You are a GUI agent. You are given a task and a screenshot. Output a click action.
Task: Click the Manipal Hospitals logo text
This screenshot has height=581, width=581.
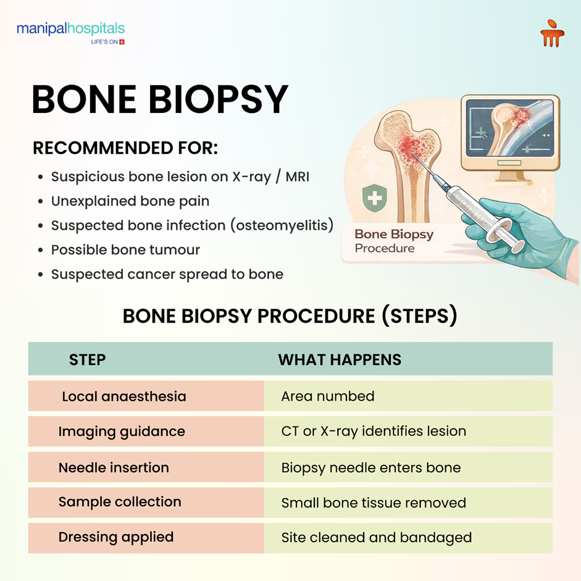click(70, 29)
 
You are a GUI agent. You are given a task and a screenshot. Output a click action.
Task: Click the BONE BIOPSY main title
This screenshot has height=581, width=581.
click(160, 99)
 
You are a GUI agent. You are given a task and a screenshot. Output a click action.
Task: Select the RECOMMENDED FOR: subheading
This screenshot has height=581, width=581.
click(125, 149)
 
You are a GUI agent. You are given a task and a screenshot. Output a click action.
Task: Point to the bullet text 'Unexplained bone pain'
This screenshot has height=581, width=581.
click(130, 201)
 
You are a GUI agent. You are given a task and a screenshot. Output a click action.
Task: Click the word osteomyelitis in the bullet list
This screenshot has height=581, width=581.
click(281, 225)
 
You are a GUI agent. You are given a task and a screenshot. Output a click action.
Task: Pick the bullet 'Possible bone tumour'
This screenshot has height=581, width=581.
click(125, 250)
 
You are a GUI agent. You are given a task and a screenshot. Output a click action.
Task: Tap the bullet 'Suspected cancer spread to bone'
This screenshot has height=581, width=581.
click(167, 274)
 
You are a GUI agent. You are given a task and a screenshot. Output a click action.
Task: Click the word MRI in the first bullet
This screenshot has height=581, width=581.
click(297, 177)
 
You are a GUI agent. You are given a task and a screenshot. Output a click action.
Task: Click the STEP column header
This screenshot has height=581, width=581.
click(87, 360)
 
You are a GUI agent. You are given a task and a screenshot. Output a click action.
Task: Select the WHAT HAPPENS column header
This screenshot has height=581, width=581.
click(340, 360)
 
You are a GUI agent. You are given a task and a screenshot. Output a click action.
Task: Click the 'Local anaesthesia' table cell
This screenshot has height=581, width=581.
click(123, 396)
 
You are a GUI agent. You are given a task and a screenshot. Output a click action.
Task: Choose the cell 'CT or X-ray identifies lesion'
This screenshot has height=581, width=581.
click(374, 431)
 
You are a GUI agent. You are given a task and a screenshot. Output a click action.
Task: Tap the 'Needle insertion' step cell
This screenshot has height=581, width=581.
click(114, 467)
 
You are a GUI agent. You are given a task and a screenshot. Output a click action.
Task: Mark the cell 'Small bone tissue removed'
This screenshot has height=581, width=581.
click(374, 503)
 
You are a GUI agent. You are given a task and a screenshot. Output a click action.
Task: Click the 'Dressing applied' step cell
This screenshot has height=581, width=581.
click(116, 537)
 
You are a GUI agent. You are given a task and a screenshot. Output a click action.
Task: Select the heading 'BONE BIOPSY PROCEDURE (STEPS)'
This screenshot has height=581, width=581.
click(290, 316)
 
